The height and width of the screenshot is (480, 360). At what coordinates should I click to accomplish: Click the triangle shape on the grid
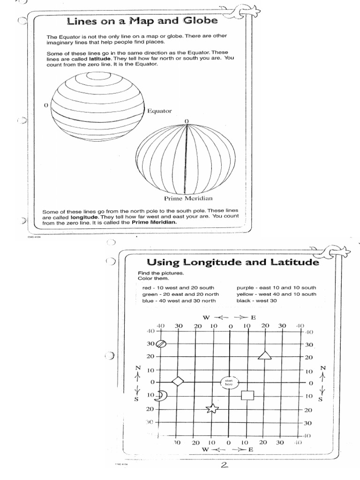click(x=265, y=356)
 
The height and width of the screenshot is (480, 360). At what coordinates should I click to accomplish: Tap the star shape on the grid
click(x=212, y=408)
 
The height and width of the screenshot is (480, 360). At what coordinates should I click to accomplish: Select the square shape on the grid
click(x=247, y=395)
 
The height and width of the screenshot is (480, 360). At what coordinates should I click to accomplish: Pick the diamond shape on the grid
click(x=178, y=381)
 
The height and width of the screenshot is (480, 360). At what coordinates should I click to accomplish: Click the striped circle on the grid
click(x=161, y=344)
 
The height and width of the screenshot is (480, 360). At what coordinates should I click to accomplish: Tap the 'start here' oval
click(x=229, y=382)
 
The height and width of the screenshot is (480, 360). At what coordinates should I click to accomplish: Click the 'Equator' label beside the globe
click(x=160, y=111)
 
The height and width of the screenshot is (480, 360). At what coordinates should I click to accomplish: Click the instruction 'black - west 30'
click(x=258, y=300)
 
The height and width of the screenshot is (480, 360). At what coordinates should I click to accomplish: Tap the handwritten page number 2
click(x=225, y=465)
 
